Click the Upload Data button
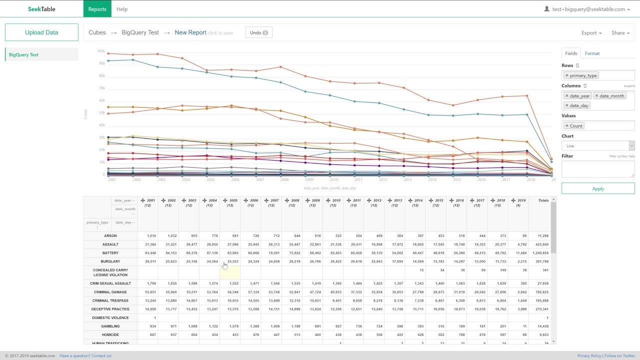pos(41,32)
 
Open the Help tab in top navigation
pos(121,9)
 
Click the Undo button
pos(258,32)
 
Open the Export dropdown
pos(591,33)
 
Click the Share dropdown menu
pos(620,33)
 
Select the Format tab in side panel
pos(592,53)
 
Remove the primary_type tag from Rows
pos(566,75)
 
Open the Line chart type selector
pos(597,145)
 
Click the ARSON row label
pos(110,236)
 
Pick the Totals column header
pos(543,200)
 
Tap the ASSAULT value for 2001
pos(150,244)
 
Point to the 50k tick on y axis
pos(101,113)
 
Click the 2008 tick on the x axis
pos(284,179)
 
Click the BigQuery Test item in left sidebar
pos(23,54)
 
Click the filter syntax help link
pos(621,156)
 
